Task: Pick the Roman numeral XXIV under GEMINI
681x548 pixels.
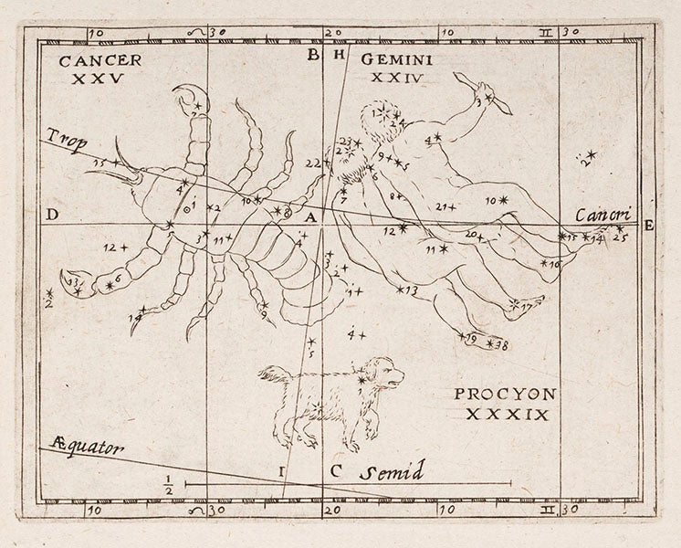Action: pyautogui.click(x=394, y=79)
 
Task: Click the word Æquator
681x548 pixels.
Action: pyautogui.click(x=79, y=448)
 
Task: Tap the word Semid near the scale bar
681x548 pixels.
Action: pyautogui.click(x=390, y=472)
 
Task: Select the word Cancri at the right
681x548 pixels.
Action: pyautogui.click(x=603, y=215)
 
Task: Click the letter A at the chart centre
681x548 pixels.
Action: pyautogui.click(x=310, y=218)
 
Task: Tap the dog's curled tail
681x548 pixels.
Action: pyautogui.click(x=267, y=372)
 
